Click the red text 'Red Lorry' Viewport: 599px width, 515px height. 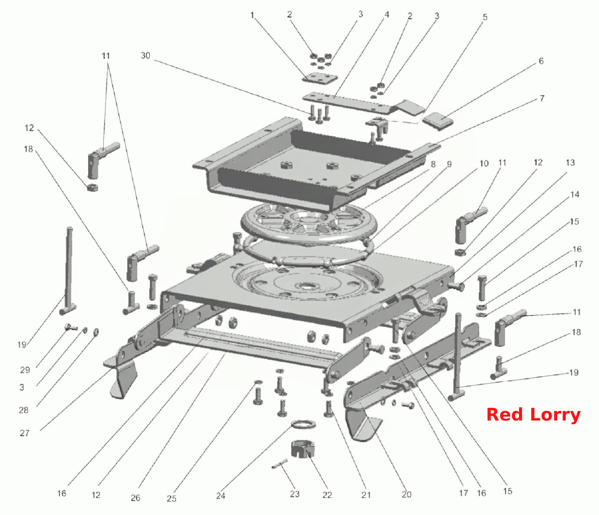point(533,415)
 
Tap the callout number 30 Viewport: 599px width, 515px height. point(145,55)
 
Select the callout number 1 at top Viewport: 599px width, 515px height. point(252,15)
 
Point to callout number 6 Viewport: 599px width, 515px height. point(541,61)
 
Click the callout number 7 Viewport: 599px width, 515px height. point(542,98)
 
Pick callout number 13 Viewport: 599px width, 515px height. point(570,162)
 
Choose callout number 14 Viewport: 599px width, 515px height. point(575,194)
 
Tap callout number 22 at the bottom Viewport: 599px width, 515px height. point(327,495)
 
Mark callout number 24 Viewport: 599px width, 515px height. point(221,495)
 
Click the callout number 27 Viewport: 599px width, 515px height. point(25,433)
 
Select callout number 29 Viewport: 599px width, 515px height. point(25,370)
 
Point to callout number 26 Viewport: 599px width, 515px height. point(135,498)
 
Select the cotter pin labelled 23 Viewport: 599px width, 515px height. point(280,463)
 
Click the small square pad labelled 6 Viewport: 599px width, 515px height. point(438,121)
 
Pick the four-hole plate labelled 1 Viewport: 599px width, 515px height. point(320,79)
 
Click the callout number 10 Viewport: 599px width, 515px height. point(484,164)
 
